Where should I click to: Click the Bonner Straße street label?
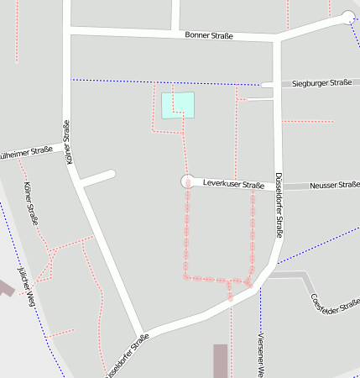click(209, 35)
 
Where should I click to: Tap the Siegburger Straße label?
click(321, 84)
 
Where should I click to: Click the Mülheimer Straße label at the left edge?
click(25, 153)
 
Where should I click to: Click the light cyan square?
click(178, 105)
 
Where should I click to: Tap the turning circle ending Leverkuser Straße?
click(187, 181)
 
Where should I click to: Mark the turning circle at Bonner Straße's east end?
click(348, 18)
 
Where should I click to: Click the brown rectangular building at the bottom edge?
click(221, 361)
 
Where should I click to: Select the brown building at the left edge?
click(5, 286)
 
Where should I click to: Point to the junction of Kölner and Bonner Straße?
click(66, 30)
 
